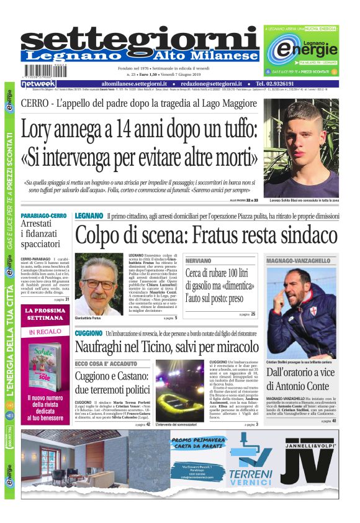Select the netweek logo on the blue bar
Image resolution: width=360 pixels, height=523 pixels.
pos(38,83)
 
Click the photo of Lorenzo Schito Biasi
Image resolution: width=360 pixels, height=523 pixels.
pos(301,149)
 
